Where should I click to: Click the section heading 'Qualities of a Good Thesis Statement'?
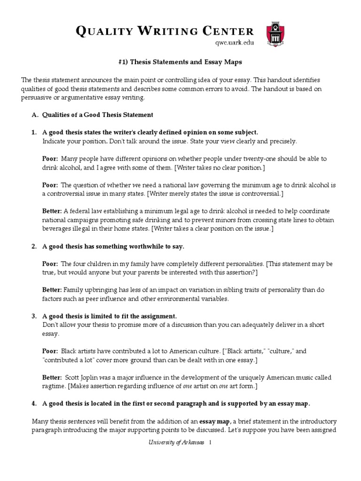(x=98, y=115)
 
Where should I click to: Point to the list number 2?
(x=34, y=246)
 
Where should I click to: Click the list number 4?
(x=34, y=403)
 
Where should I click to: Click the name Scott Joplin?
(x=79, y=378)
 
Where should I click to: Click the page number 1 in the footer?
(x=211, y=443)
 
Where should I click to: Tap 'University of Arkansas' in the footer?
(x=176, y=443)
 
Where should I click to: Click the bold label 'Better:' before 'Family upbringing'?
(x=52, y=290)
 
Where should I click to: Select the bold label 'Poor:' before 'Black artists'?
(x=50, y=351)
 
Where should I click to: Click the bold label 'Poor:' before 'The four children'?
(x=50, y=264)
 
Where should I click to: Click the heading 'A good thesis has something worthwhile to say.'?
(x=113, y=246)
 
